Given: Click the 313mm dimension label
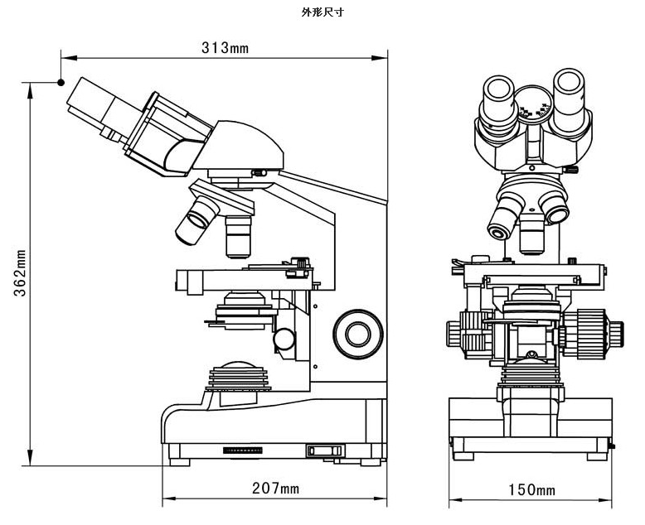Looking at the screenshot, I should [x=225, y=48].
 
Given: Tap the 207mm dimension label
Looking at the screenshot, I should [x=275, y=489].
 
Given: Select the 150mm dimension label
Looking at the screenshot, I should [x=531, y=489].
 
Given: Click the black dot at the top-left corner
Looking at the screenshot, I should [x=61, y=81].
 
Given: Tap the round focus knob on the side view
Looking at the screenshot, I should [x=358, y=333].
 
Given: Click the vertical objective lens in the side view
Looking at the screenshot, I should [x=238, y=235].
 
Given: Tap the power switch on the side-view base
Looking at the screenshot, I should [x=323, y=450].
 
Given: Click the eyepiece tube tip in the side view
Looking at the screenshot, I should [x=83, y=94].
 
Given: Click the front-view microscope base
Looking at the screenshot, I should [x=531, y=426].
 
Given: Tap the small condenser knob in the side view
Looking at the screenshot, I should [x=284, y=338].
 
